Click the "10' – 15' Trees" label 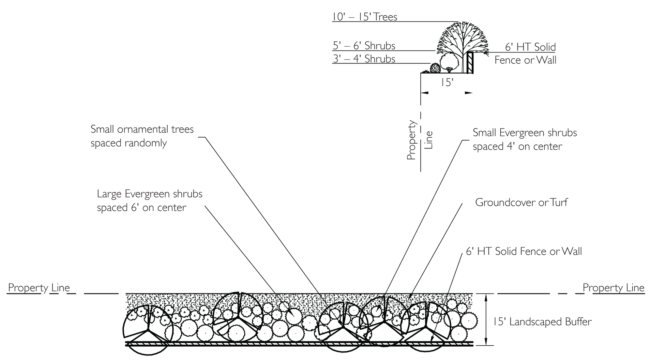tap(365, 17)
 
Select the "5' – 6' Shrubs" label tap(364, 46)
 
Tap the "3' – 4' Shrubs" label tap(364, 59)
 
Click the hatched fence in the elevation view tap(470, 63)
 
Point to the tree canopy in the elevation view tap(462, 37)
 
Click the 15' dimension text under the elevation tap(447, 82)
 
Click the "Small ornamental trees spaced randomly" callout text tap(142, 136)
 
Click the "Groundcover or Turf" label tap(521, 202)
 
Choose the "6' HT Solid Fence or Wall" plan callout tap(524, 251)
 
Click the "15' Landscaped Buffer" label tap(542, 322)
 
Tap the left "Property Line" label tap(39, 288)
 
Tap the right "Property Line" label tap(613, 288)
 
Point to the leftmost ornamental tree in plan tap(148, 330)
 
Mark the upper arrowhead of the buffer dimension tap(486, 295)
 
